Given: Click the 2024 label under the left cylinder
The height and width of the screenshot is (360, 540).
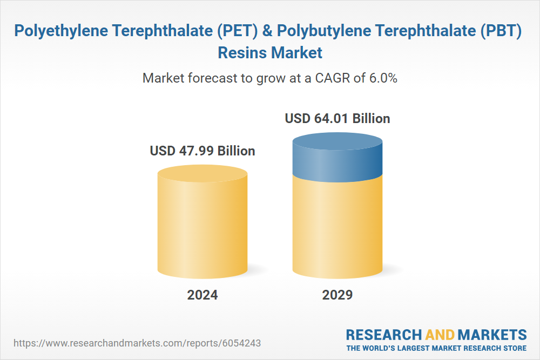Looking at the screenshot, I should [x=202, y=295].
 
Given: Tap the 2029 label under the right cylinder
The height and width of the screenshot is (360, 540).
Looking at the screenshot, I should [x=337, y=295].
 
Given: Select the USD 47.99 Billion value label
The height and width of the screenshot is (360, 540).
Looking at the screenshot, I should [x=202, y=151].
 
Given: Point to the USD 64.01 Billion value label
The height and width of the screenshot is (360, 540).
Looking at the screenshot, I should [x=337, y=118].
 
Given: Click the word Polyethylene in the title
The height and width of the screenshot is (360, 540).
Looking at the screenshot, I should [x=61, y=31].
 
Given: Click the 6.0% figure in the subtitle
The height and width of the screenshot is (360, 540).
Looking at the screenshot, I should [x=383, y=78].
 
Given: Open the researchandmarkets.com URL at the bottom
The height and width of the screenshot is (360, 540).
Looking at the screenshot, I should [x=140, y=343].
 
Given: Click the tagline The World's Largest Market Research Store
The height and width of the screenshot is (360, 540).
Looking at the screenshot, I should [x=436, y=348].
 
